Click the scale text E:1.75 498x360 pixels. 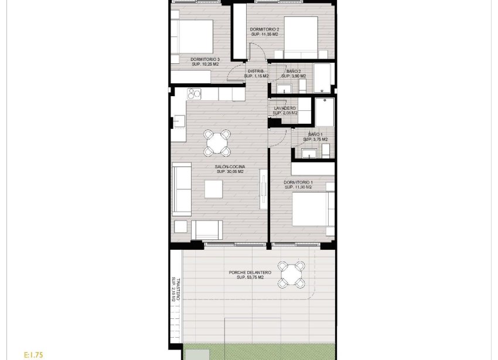(34, 355)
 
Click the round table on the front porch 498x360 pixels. (291, 274)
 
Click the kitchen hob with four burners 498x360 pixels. (194, 94)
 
